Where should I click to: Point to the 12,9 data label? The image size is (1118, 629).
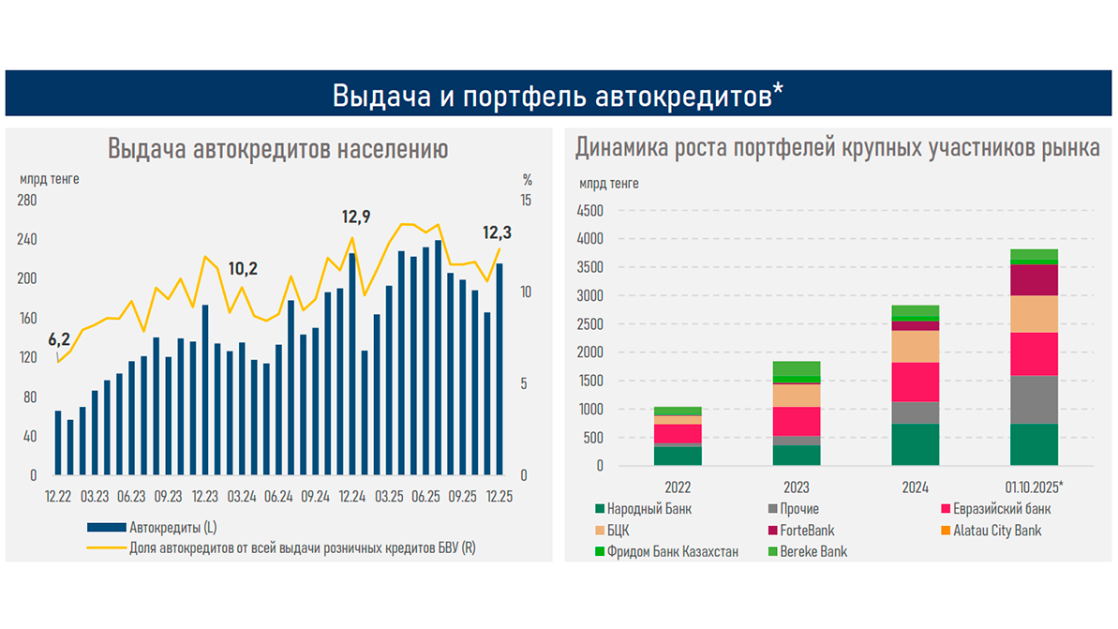(x=355, y=217)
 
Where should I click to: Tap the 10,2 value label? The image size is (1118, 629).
(x=243, y=269)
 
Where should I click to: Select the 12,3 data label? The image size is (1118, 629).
(x=498, y=232)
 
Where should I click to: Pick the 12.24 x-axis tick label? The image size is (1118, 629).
(x=351, y=496)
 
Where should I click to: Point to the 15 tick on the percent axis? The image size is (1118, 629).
(x=526, y=201)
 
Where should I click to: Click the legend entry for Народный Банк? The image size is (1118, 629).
(x=648, y=509)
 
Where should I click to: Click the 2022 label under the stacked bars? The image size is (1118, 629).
(x=678, y=487)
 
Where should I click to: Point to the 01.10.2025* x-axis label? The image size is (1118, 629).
(x=1034, y=487)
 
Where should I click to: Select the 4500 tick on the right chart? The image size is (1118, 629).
(x=591, y=211)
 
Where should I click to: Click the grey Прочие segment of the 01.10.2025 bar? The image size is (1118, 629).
(x=1034, y=399)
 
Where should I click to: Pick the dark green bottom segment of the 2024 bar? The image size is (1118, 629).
(x=916, y=444)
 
